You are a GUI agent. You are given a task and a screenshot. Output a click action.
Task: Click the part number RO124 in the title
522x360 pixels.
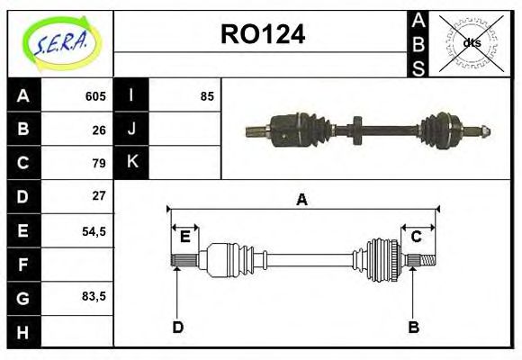coord(263,34)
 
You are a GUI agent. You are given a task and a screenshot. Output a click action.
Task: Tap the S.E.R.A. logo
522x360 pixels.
coord(60,42)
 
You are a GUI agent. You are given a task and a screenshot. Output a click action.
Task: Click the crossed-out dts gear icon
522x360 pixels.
coord(472,42)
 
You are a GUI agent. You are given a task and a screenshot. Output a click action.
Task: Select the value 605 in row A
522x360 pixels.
coord(95,96)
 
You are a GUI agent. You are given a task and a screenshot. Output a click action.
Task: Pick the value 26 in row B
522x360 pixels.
coord(99,130)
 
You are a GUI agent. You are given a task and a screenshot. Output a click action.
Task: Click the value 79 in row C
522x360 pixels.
coord(99,163)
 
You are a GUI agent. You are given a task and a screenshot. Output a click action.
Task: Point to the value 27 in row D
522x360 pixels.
coord(99,196)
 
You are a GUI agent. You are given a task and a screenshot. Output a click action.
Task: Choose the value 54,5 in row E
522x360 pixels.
coord(94,230)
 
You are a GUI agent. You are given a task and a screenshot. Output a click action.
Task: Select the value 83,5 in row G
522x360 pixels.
coord(94,297)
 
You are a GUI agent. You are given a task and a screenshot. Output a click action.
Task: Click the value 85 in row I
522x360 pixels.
coord(207,96)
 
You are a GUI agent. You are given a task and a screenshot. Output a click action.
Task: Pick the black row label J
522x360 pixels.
coord(131,130)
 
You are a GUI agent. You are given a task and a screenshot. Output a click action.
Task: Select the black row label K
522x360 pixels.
coord(131,163)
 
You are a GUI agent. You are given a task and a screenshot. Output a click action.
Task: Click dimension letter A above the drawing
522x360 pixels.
coord(302,200)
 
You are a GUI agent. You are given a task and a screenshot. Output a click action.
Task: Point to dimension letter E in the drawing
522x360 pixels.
coord(184,237)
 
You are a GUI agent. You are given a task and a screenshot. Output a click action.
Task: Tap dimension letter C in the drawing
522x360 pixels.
coord(417,237)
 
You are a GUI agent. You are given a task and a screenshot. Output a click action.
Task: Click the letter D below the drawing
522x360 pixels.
coord(177,327)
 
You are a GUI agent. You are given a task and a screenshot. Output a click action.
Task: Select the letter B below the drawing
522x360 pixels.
coord(414,327)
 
